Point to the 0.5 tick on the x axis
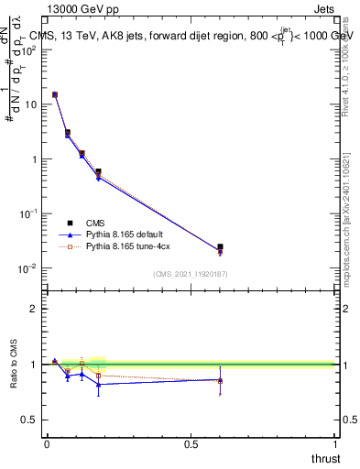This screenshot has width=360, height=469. point(191,443)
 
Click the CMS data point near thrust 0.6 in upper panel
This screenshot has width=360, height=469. point(220,247)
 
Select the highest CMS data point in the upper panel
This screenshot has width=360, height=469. point(55,94)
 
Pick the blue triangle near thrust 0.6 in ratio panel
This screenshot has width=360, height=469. point(220,379)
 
